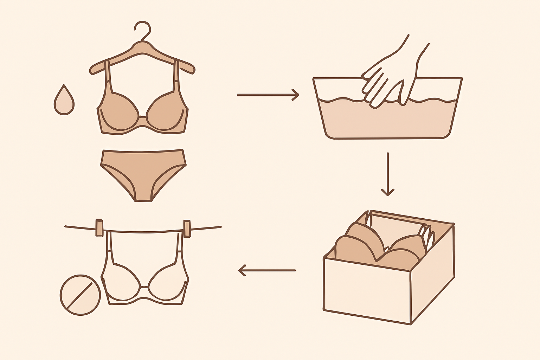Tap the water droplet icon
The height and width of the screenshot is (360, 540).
pos(64,101)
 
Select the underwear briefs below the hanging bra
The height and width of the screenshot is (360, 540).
pos(143,172)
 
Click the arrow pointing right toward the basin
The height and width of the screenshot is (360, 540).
pos(268,95)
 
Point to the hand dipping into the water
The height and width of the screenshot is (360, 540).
pos(390,77)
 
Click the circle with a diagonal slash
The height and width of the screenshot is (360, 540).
pos(80,295)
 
